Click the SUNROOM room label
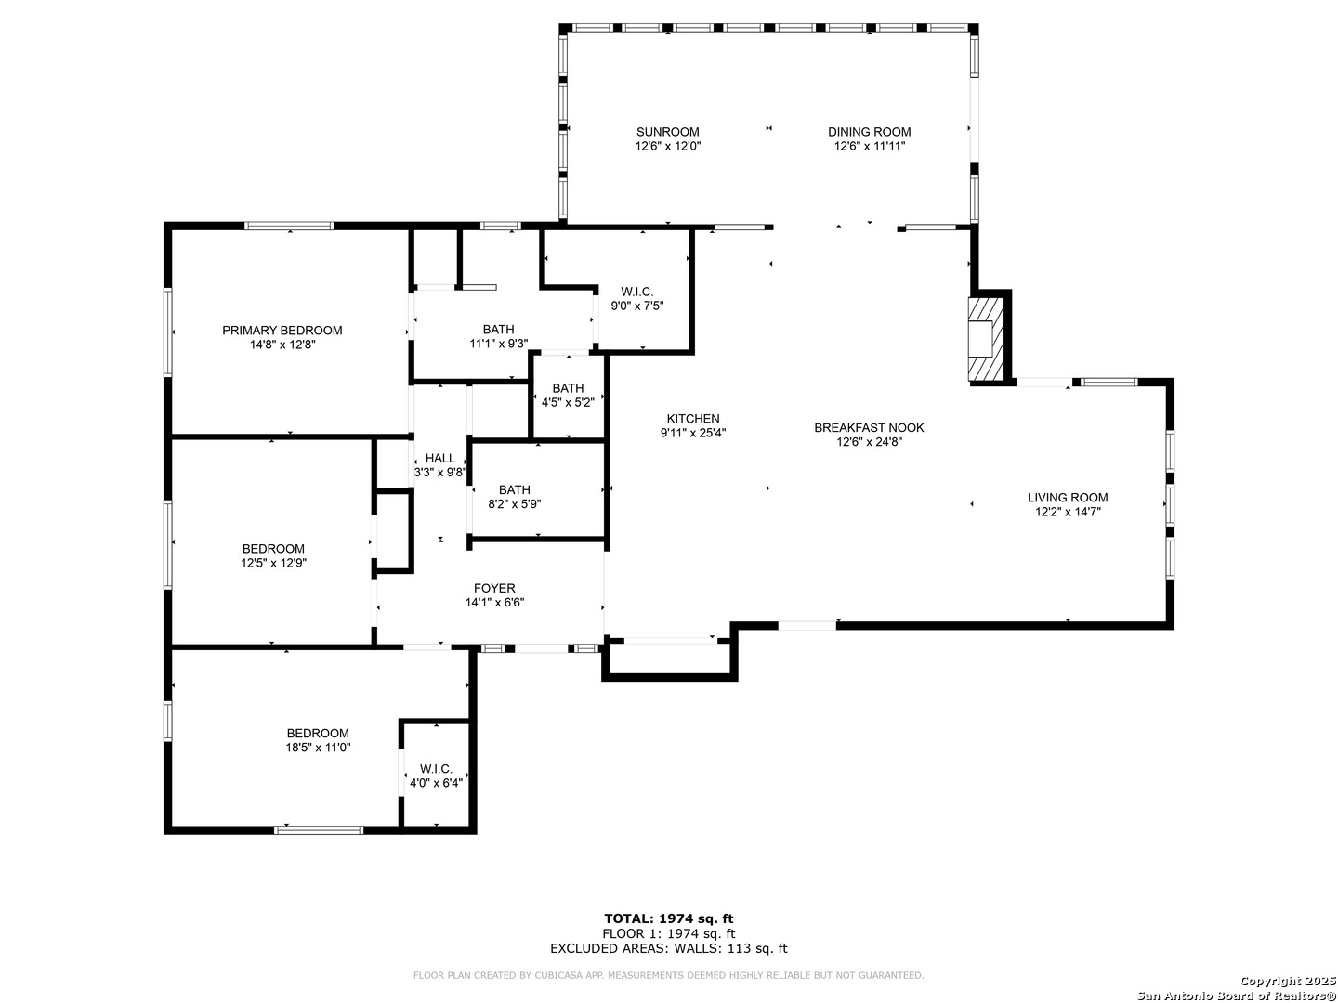click(x=667, y=132)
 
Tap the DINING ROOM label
click(x=869, y=132)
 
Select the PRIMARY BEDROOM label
click(x=282, y=330)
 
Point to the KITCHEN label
click(x=692, y=418)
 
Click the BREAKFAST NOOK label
click(x=869, y=427)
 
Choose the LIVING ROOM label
click(x=1068, y=498)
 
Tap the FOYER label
click(x=494, y=588)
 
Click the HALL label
click(x=440, y=458)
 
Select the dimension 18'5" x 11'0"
click(x=318, y=748)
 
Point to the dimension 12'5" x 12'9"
click(x=274, y=564)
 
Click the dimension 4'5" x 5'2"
click(x=568, y=402)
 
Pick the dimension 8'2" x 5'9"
click(x=515, y=504)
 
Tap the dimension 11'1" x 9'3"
click(x=499, y=344)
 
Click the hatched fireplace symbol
click(x=987, y=339)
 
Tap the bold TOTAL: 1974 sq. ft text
click(x=669, y=919)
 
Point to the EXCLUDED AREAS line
click(x=669, y=949)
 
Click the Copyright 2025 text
click(x=1287, y=981)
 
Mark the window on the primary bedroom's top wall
click(x=290, y=226)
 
